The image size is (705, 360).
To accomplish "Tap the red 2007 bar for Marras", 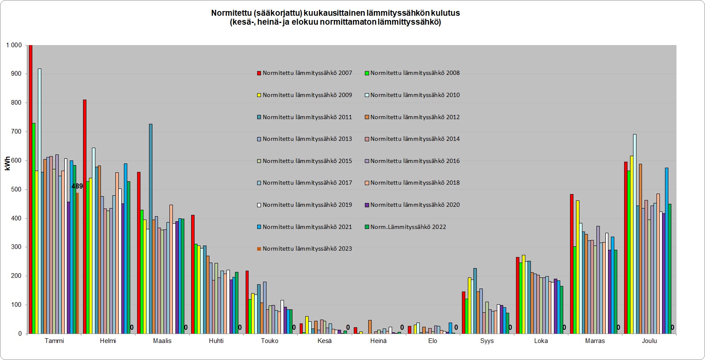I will coord(572,264).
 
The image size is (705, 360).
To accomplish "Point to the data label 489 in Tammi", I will coord(77,186).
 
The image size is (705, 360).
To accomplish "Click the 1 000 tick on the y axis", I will coord(14,45).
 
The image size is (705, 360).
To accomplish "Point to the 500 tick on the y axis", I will coord(17,189).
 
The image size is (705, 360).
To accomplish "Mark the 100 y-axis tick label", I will coord(17,305).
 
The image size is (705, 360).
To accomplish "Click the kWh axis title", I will coord(8,163).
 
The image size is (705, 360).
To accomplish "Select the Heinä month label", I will coord(378,341).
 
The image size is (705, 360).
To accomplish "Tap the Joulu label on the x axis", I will coord(649,341).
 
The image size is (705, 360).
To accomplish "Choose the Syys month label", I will coord(487,341).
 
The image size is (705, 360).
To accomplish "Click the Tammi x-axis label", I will coord(54,341).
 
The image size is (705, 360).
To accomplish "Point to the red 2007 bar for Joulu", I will coord(626,248).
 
